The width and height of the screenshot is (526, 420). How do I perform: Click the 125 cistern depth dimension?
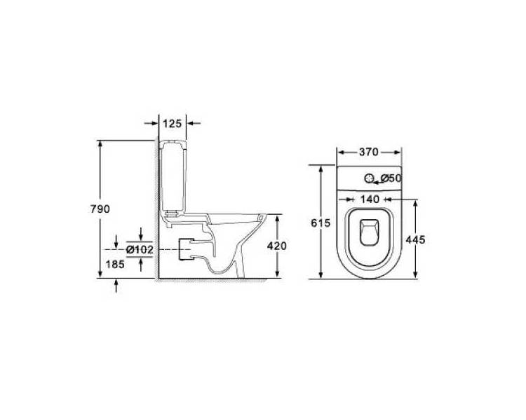point(172,124)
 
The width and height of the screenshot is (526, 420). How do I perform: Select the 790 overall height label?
point(100,209)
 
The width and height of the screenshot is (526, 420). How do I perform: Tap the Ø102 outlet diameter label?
point(140,249)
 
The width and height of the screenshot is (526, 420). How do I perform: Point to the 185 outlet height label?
point(115,265)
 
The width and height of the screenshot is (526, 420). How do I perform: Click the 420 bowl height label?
point(277,246)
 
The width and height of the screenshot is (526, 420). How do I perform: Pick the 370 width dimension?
point(369,152)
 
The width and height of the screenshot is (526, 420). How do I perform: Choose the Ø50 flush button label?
point(391,178)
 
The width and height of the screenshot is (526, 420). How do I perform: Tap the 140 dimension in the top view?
point(370,199)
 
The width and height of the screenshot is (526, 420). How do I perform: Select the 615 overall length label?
point(321,223)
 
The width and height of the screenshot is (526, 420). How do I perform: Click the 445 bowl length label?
point(415,240)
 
